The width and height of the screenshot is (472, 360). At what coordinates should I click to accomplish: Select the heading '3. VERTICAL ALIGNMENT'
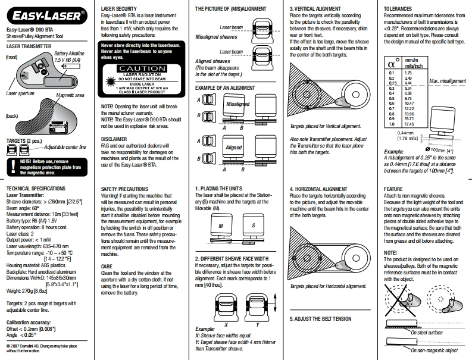click(315, 8)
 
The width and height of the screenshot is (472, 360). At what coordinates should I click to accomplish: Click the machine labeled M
click(221, 226)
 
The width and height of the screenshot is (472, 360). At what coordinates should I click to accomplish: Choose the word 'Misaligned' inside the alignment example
click(238, 104)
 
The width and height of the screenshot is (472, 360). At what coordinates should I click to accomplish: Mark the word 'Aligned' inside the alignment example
click(233, 146)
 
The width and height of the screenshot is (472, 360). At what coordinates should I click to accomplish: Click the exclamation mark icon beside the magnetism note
click(12, 165)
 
